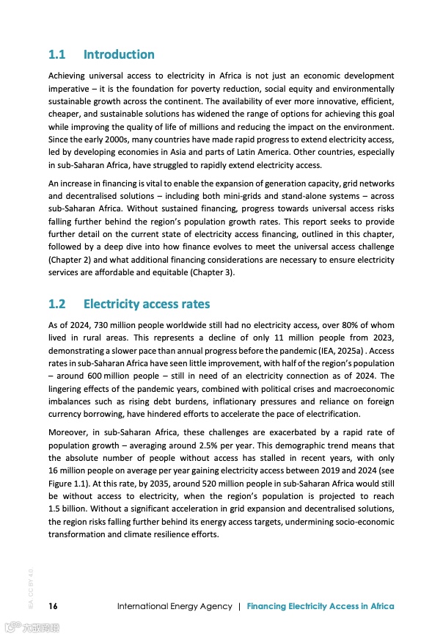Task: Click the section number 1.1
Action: point(56,54)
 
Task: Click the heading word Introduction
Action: point(119,54)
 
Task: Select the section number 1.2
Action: point(57,304)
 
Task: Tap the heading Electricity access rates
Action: point(147,304)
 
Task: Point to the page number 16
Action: point(53,606)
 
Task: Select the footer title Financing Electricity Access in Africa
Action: point(321,606)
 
